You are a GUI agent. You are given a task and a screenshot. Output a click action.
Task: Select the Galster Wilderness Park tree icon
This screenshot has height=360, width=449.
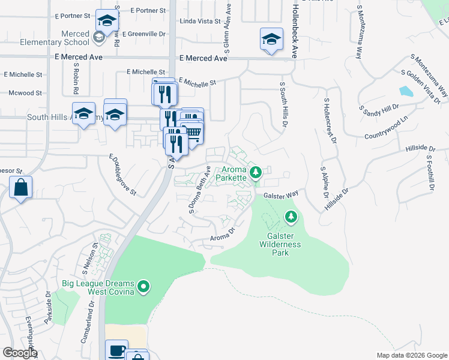[x=291, y=215]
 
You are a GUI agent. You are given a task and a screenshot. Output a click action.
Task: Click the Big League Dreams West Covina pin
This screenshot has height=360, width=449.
[x=143, y=287]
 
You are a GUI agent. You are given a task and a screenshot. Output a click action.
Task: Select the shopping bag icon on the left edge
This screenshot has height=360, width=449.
[x=21, y=188]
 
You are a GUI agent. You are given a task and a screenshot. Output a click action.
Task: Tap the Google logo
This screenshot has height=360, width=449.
[x=20, y=353]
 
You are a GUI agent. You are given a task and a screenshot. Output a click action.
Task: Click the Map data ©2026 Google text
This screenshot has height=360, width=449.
[x=411, y=355]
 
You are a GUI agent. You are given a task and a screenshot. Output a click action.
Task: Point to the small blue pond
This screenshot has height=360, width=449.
[x=406, y=92]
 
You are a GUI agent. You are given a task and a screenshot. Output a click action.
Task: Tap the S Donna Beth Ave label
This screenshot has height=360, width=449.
[x=200, y=190]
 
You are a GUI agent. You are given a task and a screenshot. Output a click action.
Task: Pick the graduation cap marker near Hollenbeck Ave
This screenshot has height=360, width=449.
[x=271, y=40]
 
